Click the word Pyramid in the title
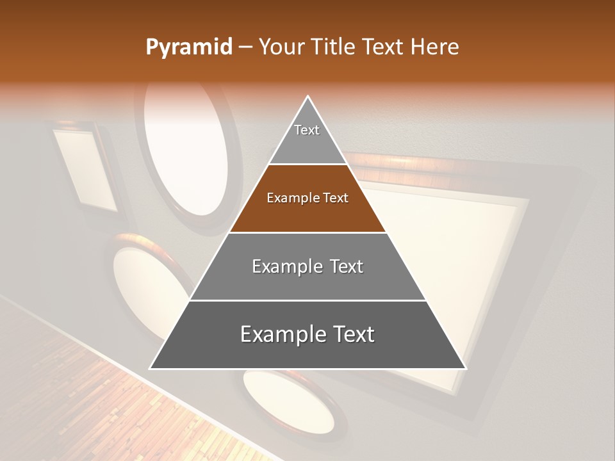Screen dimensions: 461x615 click(x=188, y=47)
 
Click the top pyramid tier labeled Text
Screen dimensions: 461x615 click(x=307, y=138)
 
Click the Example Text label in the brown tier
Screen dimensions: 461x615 click(x=307, y=198)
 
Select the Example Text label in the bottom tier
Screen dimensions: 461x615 click(x=307, y=334)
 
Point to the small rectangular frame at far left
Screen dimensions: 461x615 click(x=85, y=170)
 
